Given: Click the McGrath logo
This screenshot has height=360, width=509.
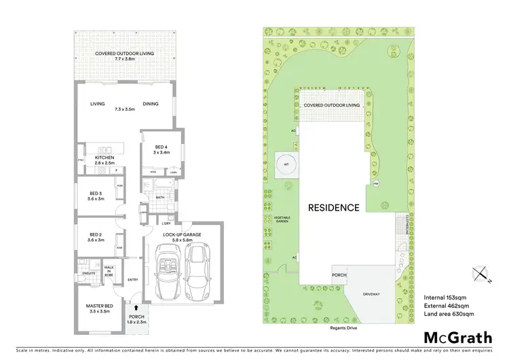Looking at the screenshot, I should (x=459, y=338).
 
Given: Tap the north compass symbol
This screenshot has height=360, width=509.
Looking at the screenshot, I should (x=483, y=273).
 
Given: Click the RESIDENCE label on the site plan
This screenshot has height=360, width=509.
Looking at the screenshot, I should (x=334, y=208).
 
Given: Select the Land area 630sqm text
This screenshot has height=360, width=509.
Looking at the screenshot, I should (x=450, y=314).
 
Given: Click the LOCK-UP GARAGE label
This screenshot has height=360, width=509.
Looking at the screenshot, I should (x=183, y=234).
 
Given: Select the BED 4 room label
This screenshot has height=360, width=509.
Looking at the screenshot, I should (x=160, y=149).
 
